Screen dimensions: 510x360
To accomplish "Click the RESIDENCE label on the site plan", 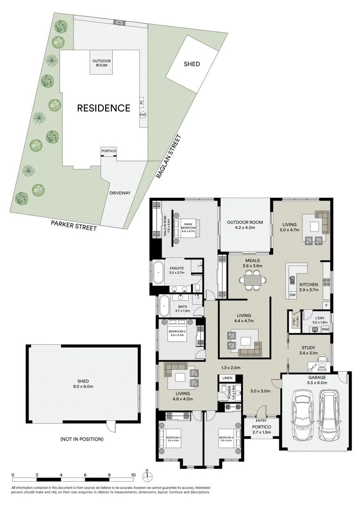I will [x=103, y=108].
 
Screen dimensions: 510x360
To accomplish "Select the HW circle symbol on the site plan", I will [x=142, y=115].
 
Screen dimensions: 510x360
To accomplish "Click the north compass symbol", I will [x=147, y=474].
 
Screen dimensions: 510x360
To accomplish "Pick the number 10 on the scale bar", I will [x=134, y=475].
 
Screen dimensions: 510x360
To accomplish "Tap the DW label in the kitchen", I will [x=293, y=295].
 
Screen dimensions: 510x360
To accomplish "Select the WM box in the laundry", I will [x=325, y=329].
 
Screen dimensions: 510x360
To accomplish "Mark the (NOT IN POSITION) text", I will [x=82, y=439].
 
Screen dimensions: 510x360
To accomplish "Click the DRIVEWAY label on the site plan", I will [x=120, y=193].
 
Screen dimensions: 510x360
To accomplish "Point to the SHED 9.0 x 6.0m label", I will [x=83, y=383].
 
